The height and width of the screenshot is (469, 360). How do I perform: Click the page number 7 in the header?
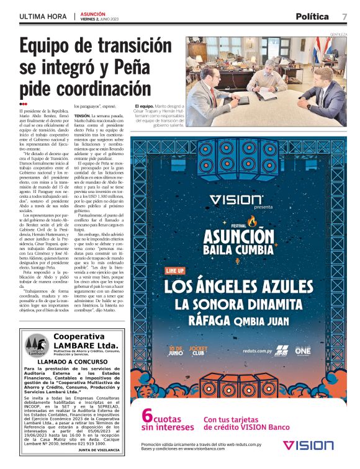[344, 16]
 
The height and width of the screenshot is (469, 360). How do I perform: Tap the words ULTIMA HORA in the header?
[40, 16]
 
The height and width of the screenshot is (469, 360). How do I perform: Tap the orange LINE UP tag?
[176, 271]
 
